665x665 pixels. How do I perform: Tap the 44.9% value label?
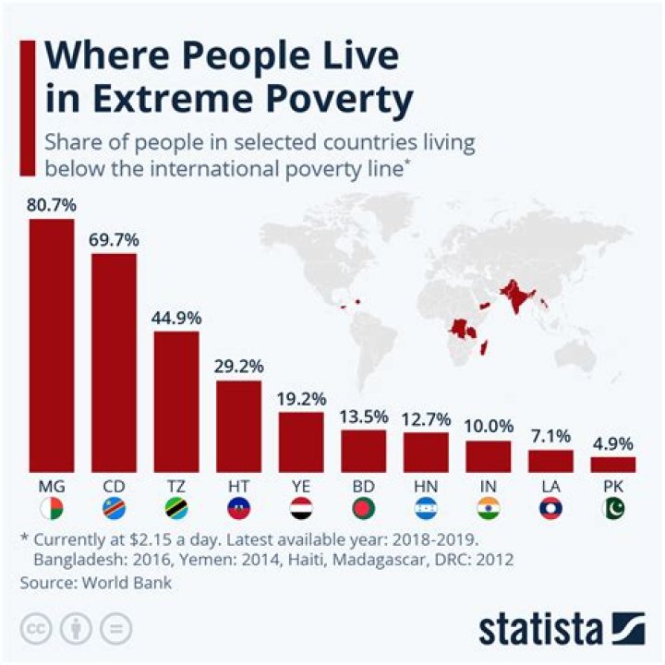click(175, 318)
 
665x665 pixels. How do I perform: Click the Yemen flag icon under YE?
click(301, 508)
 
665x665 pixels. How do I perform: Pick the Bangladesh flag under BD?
click(363, 508)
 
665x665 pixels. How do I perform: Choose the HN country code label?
click(426, 484)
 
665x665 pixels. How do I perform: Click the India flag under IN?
click(488, 508)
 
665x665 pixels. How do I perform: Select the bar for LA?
click(550, 461)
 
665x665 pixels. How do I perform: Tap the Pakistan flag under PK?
click(613, 508)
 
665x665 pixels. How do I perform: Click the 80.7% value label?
click(51, 206)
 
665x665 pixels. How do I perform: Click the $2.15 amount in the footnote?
click(152, 538)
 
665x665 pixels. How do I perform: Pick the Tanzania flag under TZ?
click(175, 508)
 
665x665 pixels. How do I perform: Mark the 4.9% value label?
click(613, 442)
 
